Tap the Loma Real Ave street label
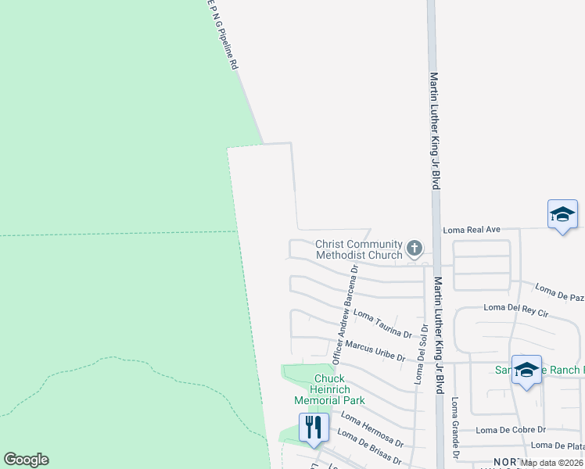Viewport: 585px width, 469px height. (x=471, y=230)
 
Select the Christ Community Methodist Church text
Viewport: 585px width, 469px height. (x=358, y=249)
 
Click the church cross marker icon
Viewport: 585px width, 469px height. (x=415, y=250)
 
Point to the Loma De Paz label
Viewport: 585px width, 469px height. (x=559, y=298)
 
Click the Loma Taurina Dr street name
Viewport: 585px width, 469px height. (x=382, y=323)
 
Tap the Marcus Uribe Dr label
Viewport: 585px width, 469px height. (x=375, y=351)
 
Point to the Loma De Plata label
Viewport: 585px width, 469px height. (x=557, y=446)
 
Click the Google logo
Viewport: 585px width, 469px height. (x=26, y=460)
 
